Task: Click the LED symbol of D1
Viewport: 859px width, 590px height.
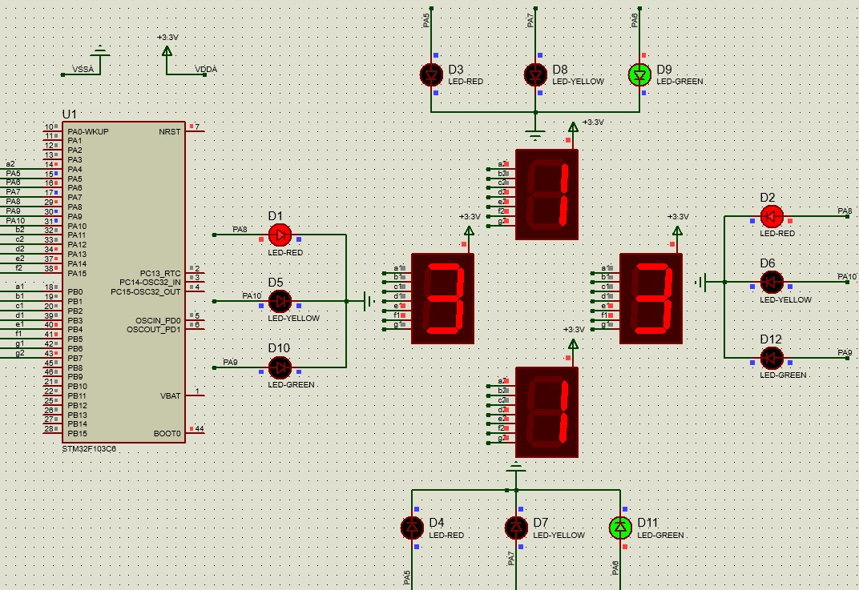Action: coord(280,235)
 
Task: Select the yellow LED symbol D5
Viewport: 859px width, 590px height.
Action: coord(280,301)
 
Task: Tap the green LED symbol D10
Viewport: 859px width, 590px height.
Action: coord(280,367)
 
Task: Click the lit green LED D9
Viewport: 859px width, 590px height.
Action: coord(639,74)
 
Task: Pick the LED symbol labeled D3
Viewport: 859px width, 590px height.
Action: coord(431,74)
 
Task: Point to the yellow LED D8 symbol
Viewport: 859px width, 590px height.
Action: coord(535,74)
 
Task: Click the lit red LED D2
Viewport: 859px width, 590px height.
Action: coord(771,216)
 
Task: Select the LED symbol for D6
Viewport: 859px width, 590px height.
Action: coord(771,282)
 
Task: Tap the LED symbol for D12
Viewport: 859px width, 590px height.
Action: coord(771,357)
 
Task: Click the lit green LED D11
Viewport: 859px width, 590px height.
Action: coord(620,528)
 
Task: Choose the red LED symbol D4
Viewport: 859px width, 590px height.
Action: coord(412,528)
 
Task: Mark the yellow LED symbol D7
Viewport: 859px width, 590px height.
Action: coord(516,528)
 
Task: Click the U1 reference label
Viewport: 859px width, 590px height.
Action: coord(70,114)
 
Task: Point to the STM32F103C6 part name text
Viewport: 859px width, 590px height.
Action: coord(88,448)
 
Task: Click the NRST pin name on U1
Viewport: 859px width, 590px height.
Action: coord(169,131)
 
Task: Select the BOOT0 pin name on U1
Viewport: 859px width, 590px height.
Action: coord(167,434)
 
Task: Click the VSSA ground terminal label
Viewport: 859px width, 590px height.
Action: coord(83,70)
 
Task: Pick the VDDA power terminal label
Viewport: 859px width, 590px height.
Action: coord(206,70)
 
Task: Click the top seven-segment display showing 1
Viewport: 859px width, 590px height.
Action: coord(547,195)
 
